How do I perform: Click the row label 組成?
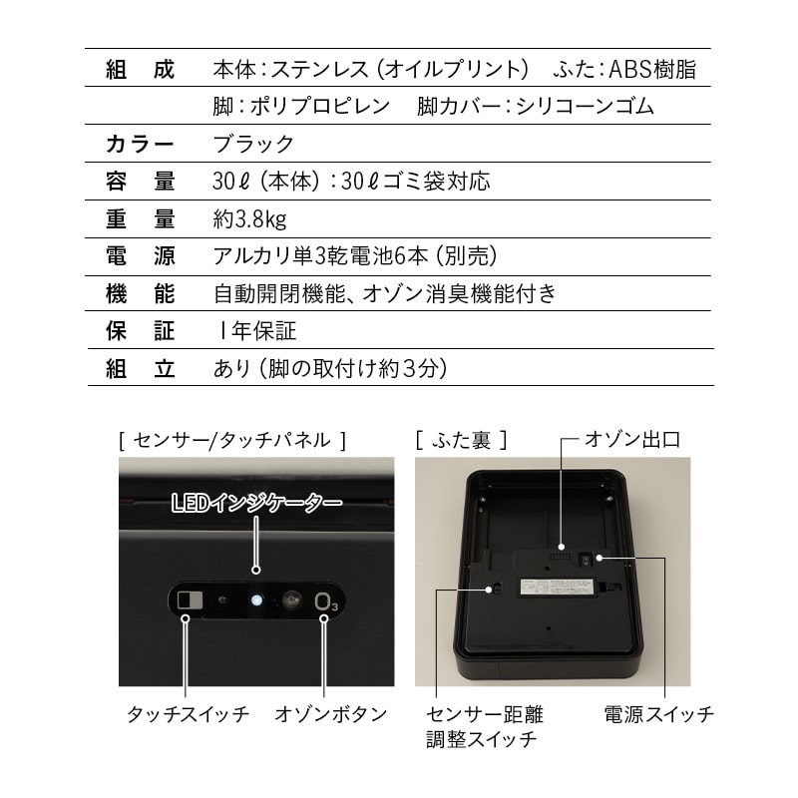(140, 70)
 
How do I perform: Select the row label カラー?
(140, 144)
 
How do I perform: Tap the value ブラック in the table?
(253, 144)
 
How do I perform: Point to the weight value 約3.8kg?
(249, 219)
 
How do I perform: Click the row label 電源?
(140, 256)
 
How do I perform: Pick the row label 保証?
(140, 330)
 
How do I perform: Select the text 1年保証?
(255, 330)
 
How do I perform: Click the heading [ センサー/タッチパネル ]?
(232, 438)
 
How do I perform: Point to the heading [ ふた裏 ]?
(461, 438)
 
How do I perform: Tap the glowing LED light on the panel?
(257, 600)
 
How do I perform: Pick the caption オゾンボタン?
(330, 714)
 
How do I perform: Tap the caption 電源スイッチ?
(658, 714)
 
